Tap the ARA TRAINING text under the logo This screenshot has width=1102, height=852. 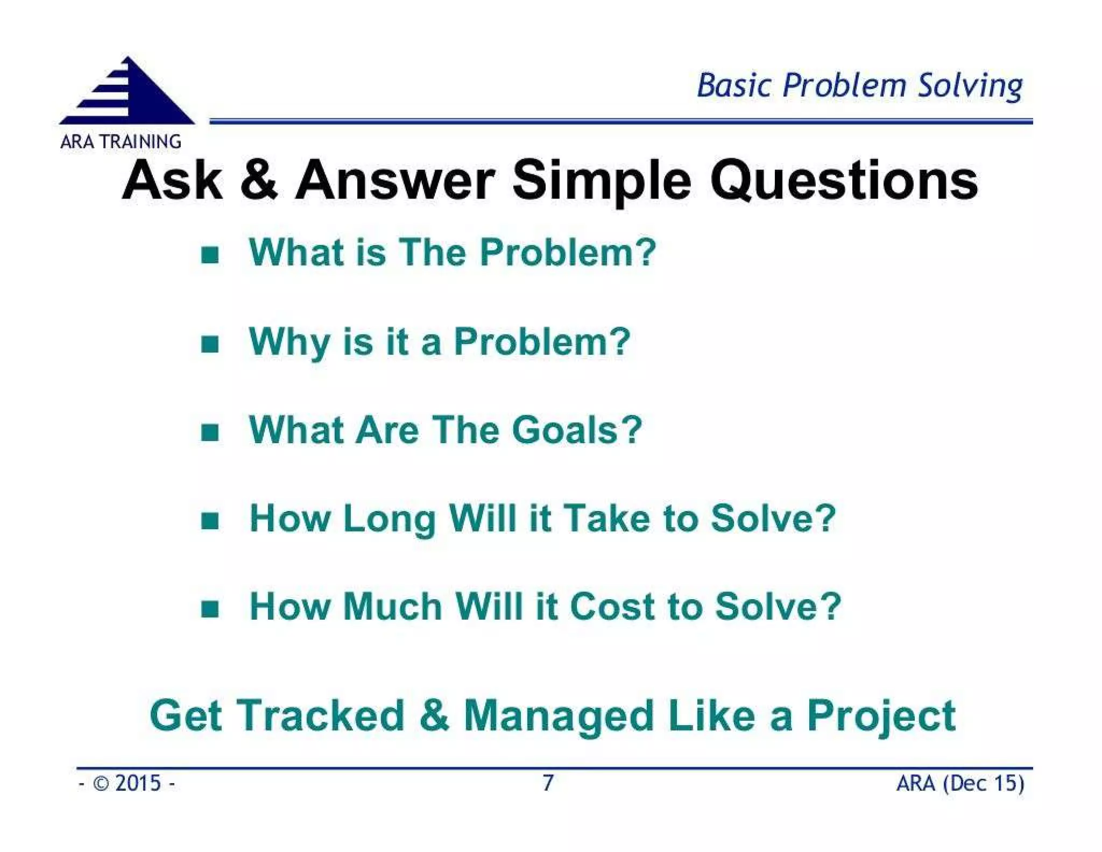click(x=121, y=141)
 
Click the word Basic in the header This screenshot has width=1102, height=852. click(x=734, y=86)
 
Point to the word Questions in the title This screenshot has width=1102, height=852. click(x=843, y=181)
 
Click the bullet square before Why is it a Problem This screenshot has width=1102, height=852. click(x=210, y=344)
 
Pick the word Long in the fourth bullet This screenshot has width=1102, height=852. click(x=389, y=520)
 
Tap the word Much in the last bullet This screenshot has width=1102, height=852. click(x=393, y=607)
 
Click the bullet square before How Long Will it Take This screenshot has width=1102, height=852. click(x=210, y=521)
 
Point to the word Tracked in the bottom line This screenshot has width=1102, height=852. click(x=321, y=715)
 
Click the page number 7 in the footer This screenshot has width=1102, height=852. click(x=548, y=783)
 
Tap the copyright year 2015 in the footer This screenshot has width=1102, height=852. click(x=138, y=783)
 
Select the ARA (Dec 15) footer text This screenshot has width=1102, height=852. click(x=959, y=783)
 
